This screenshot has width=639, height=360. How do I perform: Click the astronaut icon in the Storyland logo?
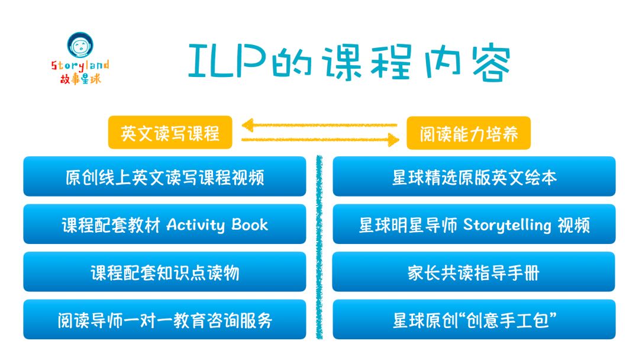(x=80, y=46)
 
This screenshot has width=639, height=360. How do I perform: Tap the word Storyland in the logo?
(x=80, y=66)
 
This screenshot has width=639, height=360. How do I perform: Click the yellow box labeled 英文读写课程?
(x=170, y=133)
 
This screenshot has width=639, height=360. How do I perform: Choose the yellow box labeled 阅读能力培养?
(x=469, y=133)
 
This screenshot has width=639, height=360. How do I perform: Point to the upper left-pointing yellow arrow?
(x=319, y=126)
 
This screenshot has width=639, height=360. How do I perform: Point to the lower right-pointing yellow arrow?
(x=319, y=140)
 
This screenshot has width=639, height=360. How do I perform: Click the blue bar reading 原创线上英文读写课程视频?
(x=164, y=176)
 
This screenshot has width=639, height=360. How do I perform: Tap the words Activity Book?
(x=217, y=224)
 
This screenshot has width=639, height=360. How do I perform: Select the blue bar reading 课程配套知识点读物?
(x=164, y=272)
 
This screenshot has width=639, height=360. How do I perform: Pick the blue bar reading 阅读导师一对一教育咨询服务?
(x=164, y=320)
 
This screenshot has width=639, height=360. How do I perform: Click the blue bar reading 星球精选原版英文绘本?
(x=474, y=176)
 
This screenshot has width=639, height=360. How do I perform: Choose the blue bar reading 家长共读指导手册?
(x=474, y=272)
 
